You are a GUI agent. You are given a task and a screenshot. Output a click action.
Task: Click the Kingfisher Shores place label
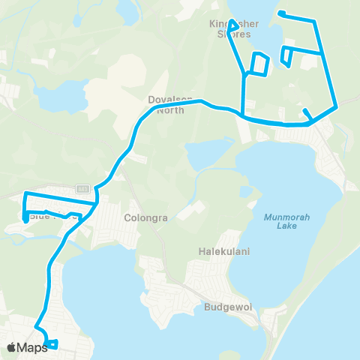(233, 28)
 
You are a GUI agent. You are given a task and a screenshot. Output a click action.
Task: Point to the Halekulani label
(218, 251)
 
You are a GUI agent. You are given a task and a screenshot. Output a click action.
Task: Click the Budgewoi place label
(224, 307)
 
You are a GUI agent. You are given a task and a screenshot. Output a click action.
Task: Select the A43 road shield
(82, 188)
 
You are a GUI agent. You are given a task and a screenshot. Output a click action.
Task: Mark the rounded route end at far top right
(280, 13)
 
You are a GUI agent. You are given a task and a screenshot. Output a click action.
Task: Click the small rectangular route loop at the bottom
(51, 345)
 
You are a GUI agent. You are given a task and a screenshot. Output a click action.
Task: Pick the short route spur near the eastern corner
(307, 113)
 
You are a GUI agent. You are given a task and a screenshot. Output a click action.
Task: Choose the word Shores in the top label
(233, 34)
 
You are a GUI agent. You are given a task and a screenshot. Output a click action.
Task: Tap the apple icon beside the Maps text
(11, 347)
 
